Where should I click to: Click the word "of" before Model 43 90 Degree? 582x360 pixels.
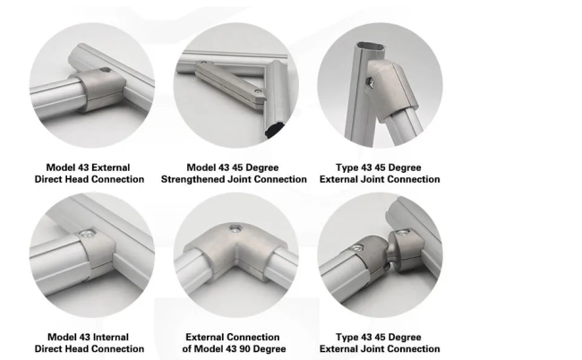coord(187,349)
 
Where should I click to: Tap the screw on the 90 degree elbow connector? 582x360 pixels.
coord(235,228)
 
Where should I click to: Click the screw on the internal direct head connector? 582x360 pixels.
coord(87,234)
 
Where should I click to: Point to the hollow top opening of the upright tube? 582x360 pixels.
coord(371,47)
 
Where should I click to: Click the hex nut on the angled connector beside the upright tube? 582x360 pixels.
coord(370,82)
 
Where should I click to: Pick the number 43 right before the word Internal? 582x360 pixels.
coord(84,337)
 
